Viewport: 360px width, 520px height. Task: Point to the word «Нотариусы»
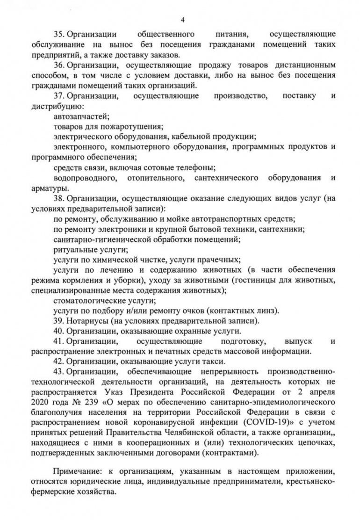pyautogui.click(x=85, y=321)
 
